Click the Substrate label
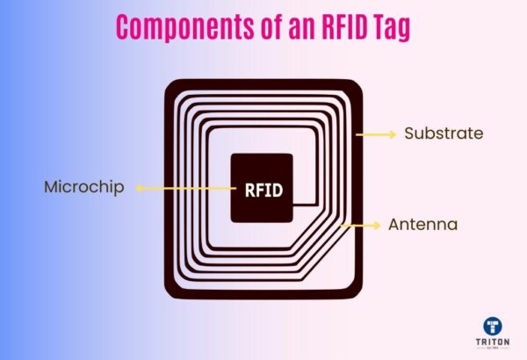(x=444, y=134)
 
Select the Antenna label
(x=422, y=226)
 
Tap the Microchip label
(x=84, y=187)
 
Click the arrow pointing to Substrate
(x=376, y=134)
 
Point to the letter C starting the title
(x=125, y=28)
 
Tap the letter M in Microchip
(x=51, y=187)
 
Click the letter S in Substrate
(x=409, y=134)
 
